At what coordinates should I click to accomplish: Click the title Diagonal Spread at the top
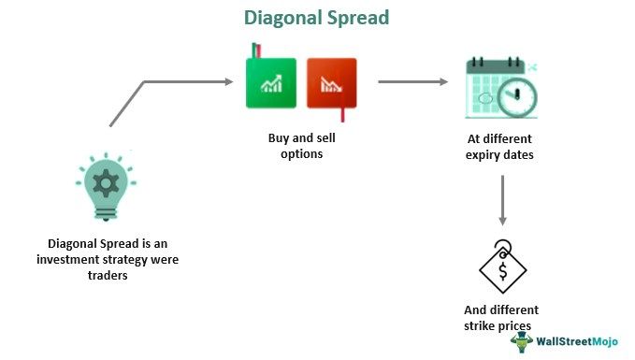pos(316,18)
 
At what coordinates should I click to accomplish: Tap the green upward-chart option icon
pos(270,83)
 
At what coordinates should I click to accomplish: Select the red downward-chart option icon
pos(332,85)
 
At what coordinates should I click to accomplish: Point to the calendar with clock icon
pos(500,90)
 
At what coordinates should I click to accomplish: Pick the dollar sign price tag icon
pos(502,268)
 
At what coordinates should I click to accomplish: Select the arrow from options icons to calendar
pos(412,81)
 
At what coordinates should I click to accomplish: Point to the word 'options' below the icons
pos(301,153)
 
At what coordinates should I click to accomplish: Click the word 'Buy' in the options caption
pos(279,138)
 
